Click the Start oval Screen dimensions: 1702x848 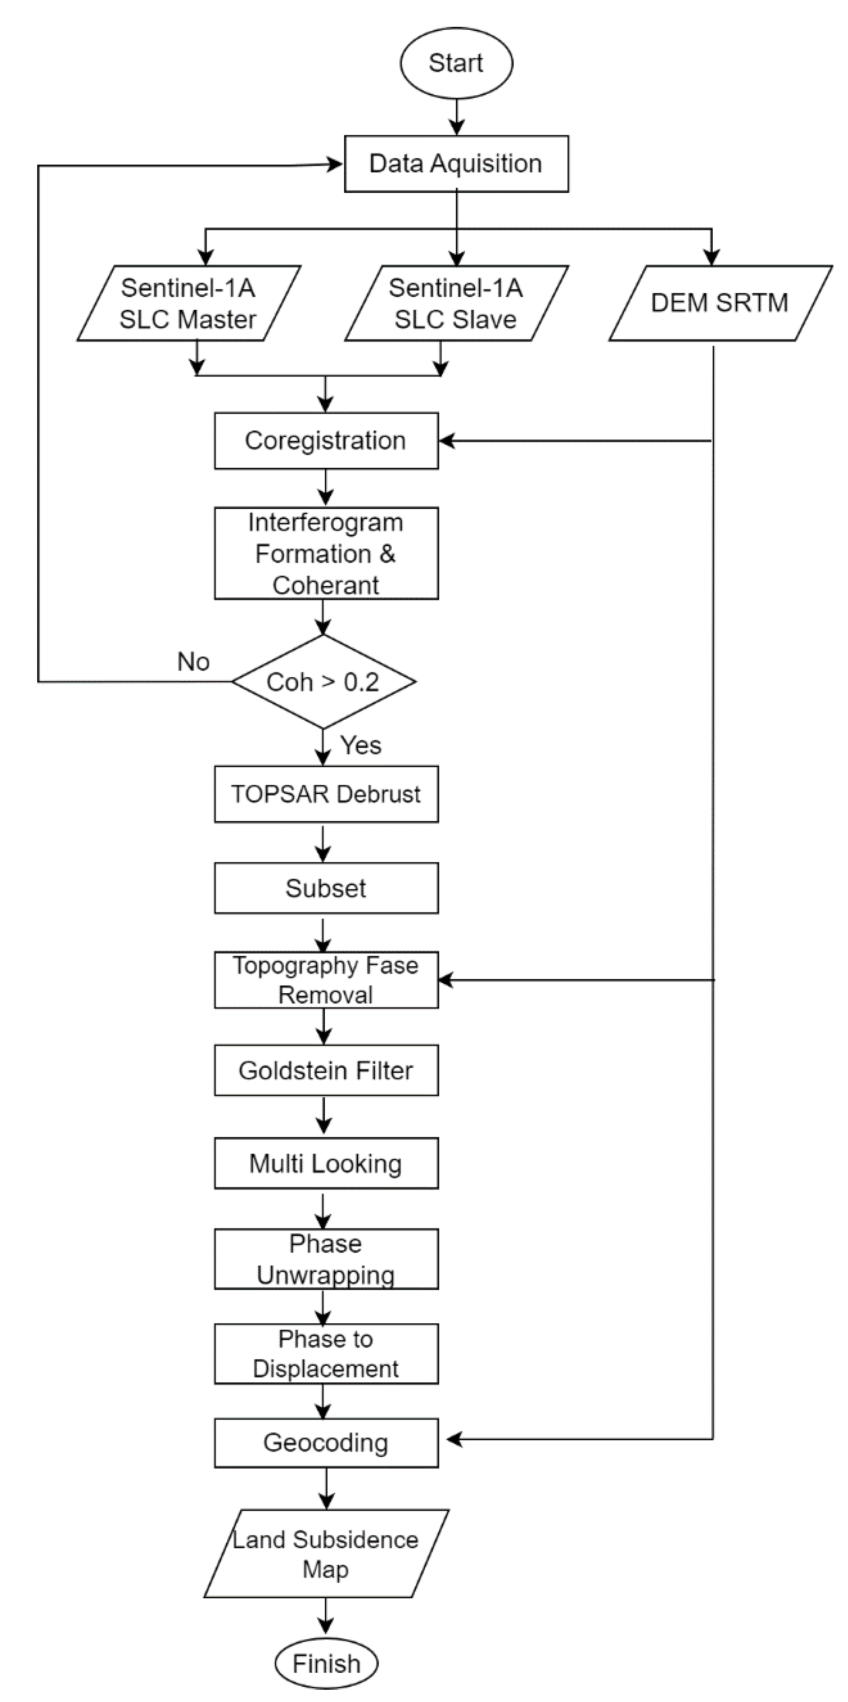pyautogui.click(x=456, y=63)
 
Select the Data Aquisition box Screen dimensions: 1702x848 pyautogui.click(x=456, y=164)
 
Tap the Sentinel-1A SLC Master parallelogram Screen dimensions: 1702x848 pyautogui.click(x=189, y=303)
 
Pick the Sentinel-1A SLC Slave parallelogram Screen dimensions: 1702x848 pyautogui.click(x=456, y=303)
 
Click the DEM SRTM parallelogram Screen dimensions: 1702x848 pyautogui.click(x=720, y=303)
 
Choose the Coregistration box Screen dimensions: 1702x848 pyautogui.click(x=326, y=440)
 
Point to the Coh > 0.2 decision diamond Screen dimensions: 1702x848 pyautogui.click(x=323, y=682)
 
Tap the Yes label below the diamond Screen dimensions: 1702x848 pyautogui.click(x=361, y=745)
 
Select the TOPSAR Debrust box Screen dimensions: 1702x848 pyautogui.click(x=326, y=794)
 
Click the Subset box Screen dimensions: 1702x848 pyautogui.click(x=326, y=888)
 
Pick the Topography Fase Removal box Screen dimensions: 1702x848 pyautogui.click(x=326, y=980)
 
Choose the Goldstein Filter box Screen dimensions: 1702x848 pyautogui.click(x=326, y=1071)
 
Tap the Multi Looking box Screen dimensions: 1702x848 pyautogui.click(x=326, y=1163)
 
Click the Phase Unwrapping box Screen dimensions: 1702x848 pyautogui.click(x=326, y=1259)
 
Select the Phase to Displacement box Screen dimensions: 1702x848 pyautogui.click(x=326, y=1354)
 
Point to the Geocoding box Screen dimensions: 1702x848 pyautogui.click(x=326, y=1443)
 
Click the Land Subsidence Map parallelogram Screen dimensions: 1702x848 pyautogui.click(x=326, y=1554)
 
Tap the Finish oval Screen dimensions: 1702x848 pyautogui.click(x=326, y=1664)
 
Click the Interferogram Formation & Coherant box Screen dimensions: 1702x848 pyautogui.click(x=326, y=554)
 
